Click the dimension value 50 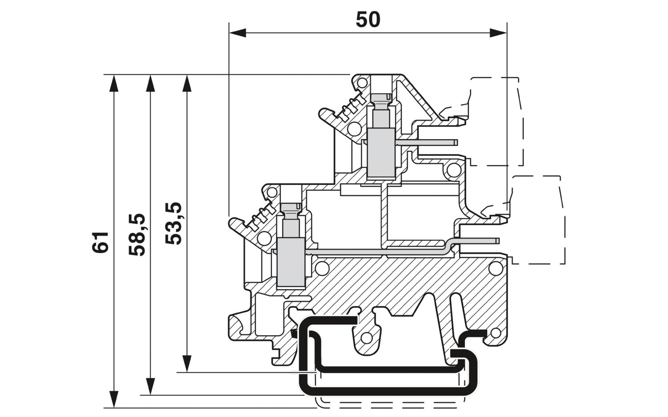coord(368,20)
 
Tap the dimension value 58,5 coord(137,235)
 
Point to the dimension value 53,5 coord(174,223)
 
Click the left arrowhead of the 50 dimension coord(237,33)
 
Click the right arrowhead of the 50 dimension coord(498,33)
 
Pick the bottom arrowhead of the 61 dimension coord(114,399)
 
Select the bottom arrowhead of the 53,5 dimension coord(187,364)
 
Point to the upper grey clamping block coord(381,153)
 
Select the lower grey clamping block coord(291,263)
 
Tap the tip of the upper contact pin coord(457,142)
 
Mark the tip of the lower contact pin coord(498,241)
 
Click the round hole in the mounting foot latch coord(366,338)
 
